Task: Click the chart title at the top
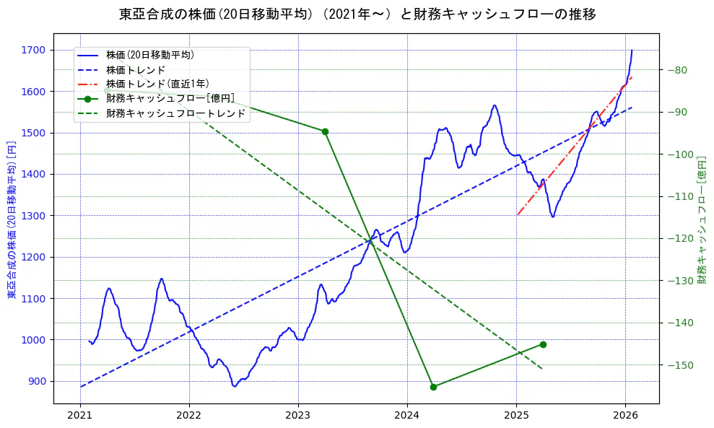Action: click(x=357, y=14)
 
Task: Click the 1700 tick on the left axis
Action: click(x=33, y=50)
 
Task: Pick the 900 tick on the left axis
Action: click(x=36, y=381)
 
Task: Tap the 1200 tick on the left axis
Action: click(x=33, y=257)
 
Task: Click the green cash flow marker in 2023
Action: click(x=325, y=131)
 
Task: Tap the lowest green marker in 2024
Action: click(x=433, y=387)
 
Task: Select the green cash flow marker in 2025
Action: click(x=543, y=344)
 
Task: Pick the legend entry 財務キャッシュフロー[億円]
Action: click(x=170, y=99)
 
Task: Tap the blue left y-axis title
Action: click(x=11, y=220)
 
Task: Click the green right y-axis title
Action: click(x=702, y=220)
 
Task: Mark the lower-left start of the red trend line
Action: click(x=518, y=214)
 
